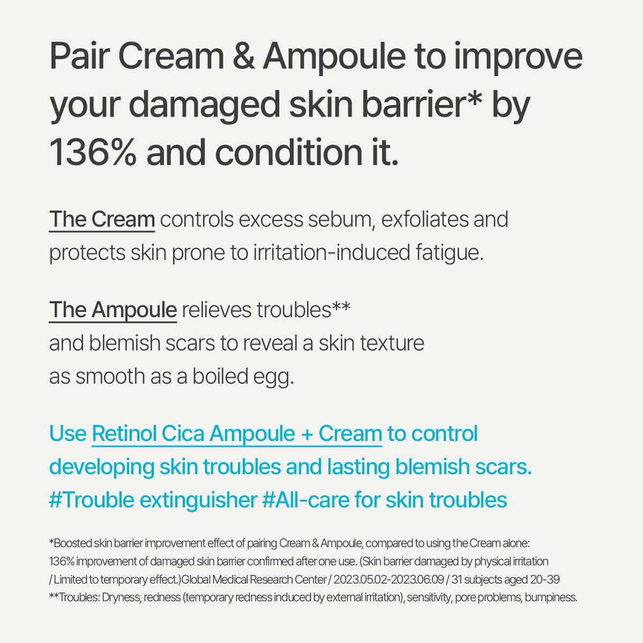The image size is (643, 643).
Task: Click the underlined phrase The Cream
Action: [102, 220]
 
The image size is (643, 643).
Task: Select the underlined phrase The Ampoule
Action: [113, 310]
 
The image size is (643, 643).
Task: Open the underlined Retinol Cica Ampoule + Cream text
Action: [237, 433]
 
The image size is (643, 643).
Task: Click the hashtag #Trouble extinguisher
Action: [153, 500]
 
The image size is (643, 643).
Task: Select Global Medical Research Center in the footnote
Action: [255, 580]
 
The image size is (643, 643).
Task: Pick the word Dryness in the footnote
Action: [119, 597]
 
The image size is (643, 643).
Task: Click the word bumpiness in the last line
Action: [551, 597]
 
